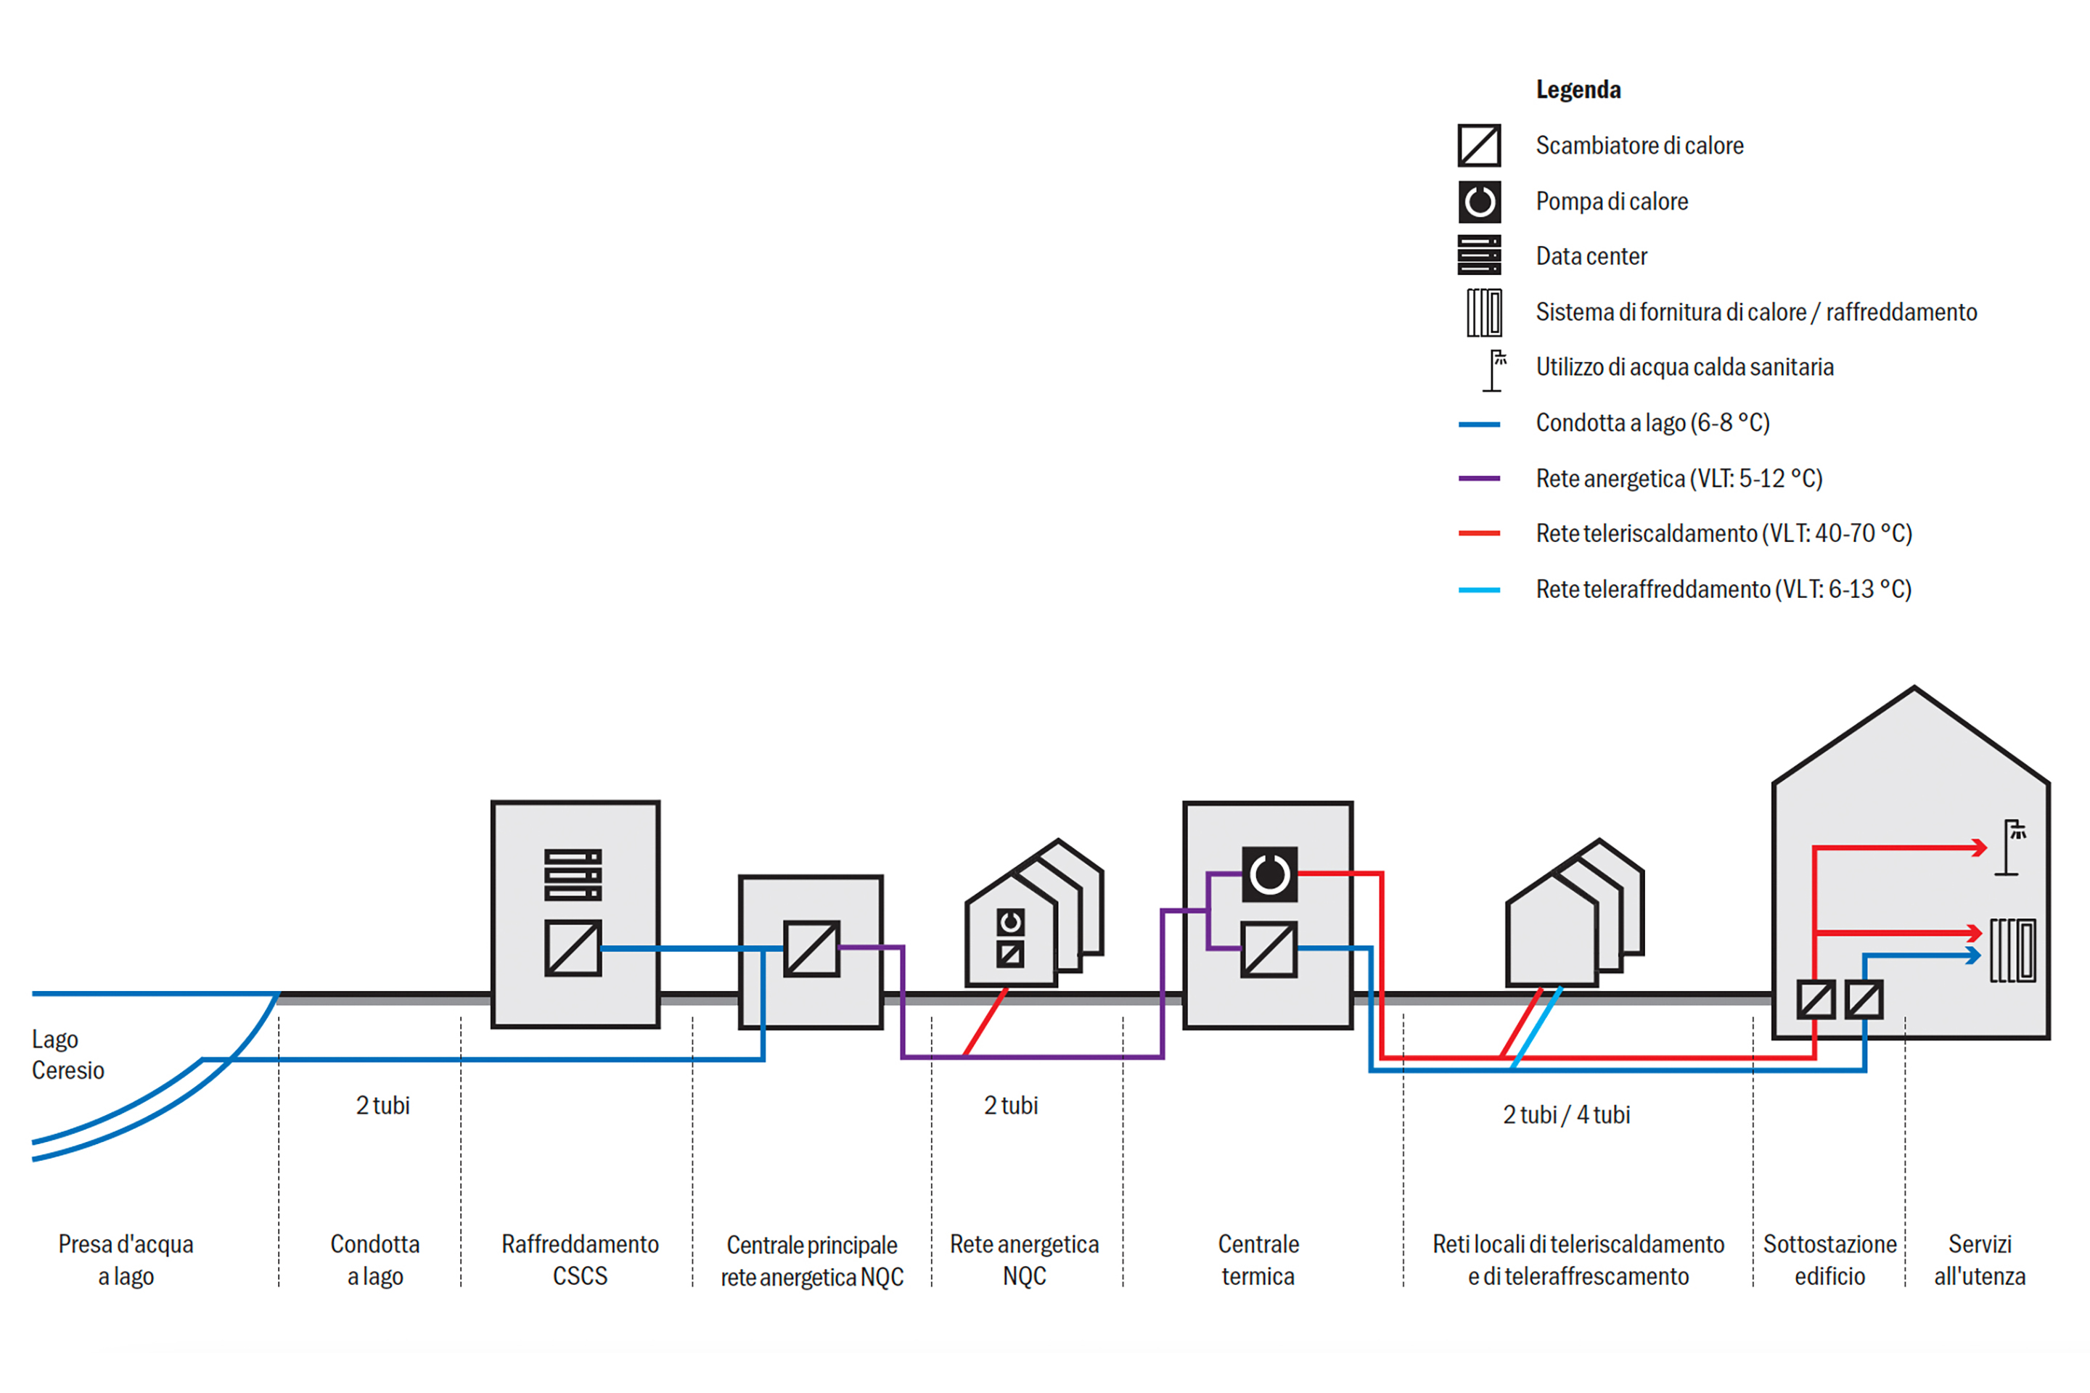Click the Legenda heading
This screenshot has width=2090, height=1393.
pyautogui.click(x=1578, y=90)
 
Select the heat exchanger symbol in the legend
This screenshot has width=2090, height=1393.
pyautogui.click(x=1480, y=146)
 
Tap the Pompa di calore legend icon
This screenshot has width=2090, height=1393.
pyautogui.click(x=1480, y=202)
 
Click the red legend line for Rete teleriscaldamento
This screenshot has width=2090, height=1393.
pyautogui.click(x=1480, y=534)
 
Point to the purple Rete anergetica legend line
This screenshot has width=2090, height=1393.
pyautogui.click(x=1480, y=479)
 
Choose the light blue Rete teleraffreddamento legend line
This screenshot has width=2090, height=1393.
pyautogui.click(x=1480, y=590)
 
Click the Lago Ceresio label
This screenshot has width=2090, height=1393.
pyautogui.click(x=67, y=1054)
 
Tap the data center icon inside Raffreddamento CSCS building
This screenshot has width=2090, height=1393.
pyautogui.click(x=573, y=875)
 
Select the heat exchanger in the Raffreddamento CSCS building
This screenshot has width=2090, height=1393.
pyautogui.click(x=573, y=948)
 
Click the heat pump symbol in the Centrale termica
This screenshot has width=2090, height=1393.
pyautogui.click(x=1269, y=874)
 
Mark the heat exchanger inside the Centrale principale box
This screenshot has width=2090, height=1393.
pyautogui.click(x=811, y=949)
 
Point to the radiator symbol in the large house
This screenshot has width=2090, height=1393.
pyautogui.click(x=2012, y=950)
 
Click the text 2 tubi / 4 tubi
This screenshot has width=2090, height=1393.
pyautogui.click(x=1566, y=1115)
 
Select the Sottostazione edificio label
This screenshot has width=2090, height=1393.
pyautogui.click(x=1829, y=1260)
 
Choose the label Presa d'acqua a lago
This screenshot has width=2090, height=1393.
pyautogui.click(x=126, y=1260)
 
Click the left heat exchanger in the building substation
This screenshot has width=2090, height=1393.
pyautogui.click(x=1816, y=1000)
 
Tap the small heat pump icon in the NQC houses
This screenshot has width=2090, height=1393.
pyautogui.click(x=1010, y=923)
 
